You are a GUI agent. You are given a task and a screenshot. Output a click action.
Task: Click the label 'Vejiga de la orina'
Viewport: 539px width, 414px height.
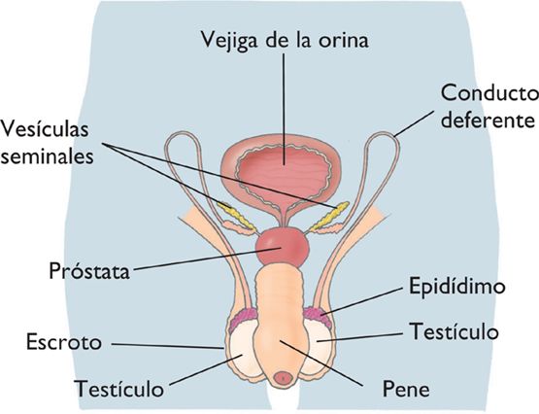[285, 39]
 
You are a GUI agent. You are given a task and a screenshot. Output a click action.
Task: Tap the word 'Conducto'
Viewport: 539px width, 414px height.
[489, 93]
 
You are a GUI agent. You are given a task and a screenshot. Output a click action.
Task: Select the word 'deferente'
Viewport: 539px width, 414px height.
[488, 120]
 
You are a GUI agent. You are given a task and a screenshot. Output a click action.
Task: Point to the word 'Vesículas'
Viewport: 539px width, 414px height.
[45, 128]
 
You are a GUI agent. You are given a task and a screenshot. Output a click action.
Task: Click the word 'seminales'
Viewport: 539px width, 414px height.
[47, 155]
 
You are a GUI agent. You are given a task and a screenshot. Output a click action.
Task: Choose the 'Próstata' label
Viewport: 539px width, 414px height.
[89, 270]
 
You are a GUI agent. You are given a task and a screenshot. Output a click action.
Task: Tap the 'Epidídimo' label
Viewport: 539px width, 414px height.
[457, 287]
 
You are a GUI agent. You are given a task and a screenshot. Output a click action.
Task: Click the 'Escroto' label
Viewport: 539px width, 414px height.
[64, 342]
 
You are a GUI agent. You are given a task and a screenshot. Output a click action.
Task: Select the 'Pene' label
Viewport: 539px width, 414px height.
[406, 390]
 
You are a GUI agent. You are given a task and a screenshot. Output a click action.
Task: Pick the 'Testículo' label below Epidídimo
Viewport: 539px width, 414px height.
[455, 331]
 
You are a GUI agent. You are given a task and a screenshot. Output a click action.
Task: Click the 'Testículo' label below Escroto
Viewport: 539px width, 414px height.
[119, 389]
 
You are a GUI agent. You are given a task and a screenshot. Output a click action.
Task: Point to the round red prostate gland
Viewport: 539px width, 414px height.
[283, 247]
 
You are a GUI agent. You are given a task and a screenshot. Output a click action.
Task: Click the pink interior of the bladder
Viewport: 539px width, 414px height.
[284, 172]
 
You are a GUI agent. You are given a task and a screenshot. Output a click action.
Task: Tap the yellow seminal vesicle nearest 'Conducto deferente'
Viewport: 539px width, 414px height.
[329, 216]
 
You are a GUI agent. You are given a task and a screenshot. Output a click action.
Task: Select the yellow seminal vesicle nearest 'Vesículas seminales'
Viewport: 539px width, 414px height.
[235, 216]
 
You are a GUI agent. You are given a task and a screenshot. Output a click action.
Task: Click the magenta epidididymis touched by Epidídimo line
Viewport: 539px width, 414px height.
[318, 316]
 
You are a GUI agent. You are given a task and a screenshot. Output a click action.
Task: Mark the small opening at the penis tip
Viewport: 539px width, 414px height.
[284, 378]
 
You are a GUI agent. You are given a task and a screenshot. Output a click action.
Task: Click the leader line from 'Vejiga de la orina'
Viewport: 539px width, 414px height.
[284, 109]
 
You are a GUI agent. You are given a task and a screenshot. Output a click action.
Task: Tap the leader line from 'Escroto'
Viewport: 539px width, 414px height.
[168, 346]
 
